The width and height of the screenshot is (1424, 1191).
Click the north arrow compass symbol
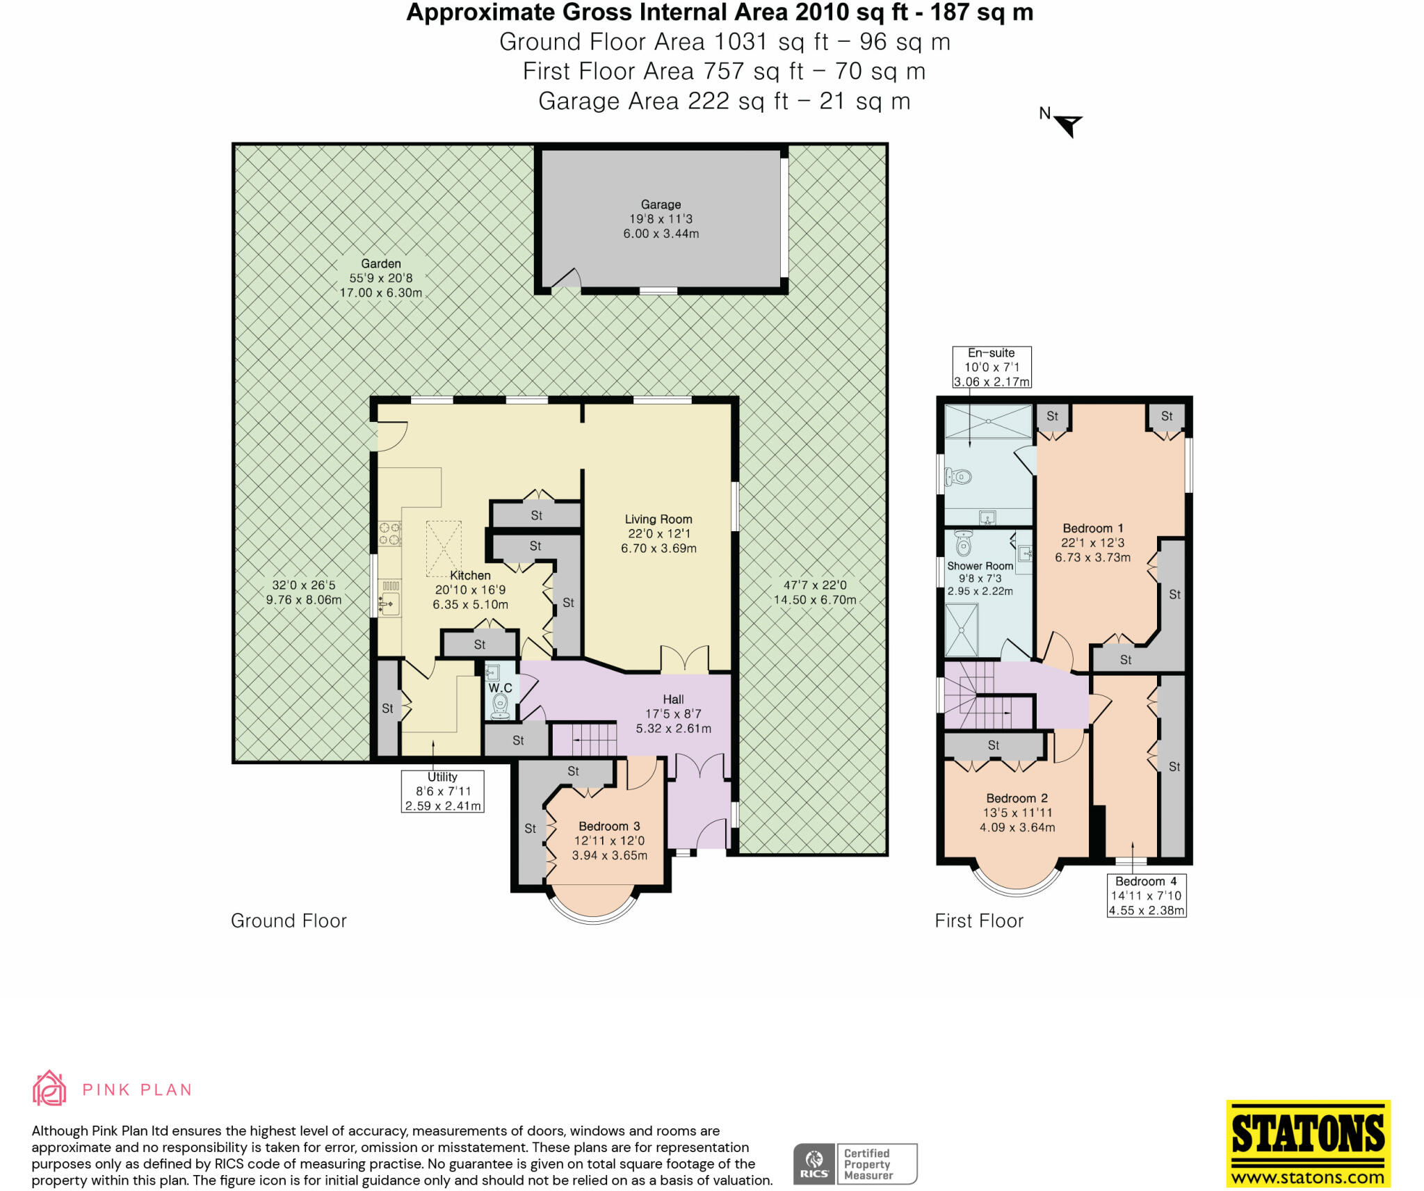pyautogui.click(x=1067, y=124)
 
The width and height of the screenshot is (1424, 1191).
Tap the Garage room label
pyautogui.click(x=661, y=204)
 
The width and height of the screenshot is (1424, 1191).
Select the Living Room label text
pyautogui.click(x=658, y=519)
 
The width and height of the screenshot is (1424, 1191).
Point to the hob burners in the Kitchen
pyautogui.click(x=389, y=534)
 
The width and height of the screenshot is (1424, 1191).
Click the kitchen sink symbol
pyautogui.click(x=389, y=603)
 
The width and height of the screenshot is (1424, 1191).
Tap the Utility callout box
pyautogui.click(x=442, y=791)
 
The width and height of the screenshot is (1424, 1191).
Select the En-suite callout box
pyautogui.click(x=991, y=367)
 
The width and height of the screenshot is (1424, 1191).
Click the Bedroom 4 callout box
pyautogui.click(x=1146, y=896)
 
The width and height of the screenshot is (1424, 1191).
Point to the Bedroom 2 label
pyautogui.click(x=1017, y=798)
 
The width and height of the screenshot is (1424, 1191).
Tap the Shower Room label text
pyautogui.click(x=980, y=566)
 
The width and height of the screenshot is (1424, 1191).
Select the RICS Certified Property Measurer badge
pyautogui.click(x=855, y=1163)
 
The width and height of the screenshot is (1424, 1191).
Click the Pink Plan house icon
pyautogui.click(x=49, y=1088)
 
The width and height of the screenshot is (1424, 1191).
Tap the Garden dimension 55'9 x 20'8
pyautogui.click(x=380, y=278)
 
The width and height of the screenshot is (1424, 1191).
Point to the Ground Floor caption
pyautogui.click(x=289, y=921)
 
